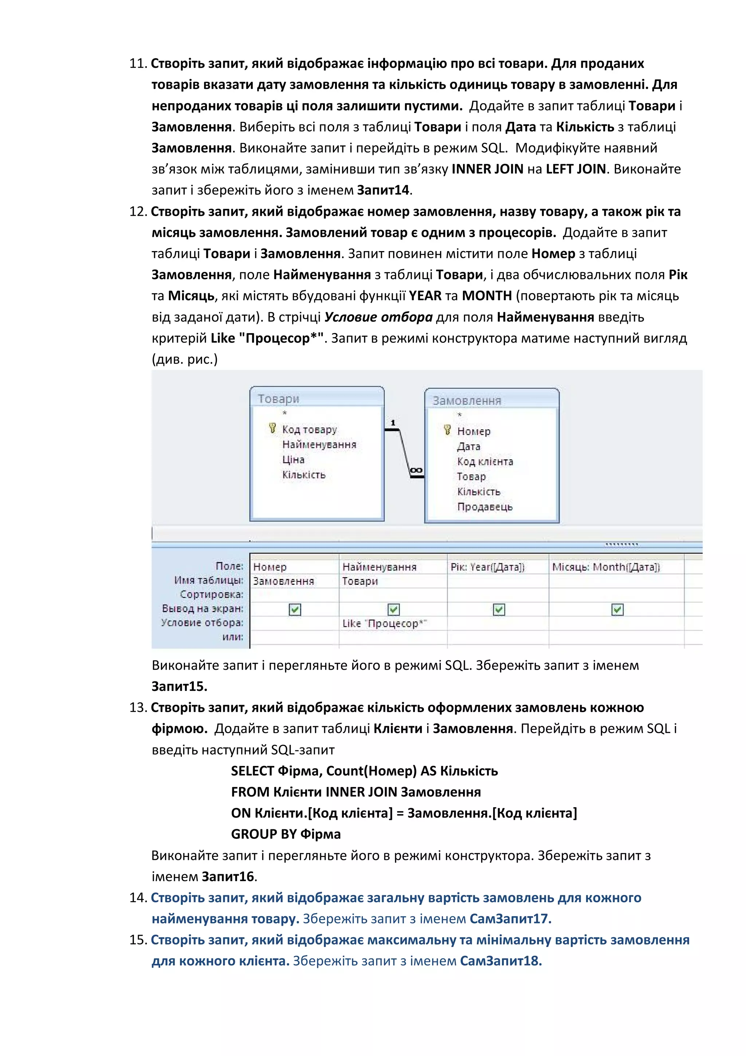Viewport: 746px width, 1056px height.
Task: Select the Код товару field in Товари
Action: tap(309, 429)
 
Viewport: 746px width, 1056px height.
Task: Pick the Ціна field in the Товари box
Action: tap(293, 459)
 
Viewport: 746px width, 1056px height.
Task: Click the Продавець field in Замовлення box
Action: tap(484, 507)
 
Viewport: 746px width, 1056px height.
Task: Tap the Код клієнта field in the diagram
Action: tap(484, 461)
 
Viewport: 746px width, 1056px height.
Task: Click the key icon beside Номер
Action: tap(447, 430)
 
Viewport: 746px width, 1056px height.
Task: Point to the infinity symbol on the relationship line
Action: tap(416, 470)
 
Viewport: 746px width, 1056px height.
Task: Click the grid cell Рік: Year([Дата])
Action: tap(487, 567)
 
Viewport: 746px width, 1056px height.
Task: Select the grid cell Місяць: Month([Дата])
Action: tap(606, 567)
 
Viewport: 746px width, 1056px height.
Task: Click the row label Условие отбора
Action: tap(202, 622)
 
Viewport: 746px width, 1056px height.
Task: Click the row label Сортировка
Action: tap(211, 594)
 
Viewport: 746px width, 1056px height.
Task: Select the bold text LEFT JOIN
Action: tap(576, 169)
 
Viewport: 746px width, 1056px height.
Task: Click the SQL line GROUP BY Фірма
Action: tap(286, 834)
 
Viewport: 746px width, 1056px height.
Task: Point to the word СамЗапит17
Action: tap(510, 919)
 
